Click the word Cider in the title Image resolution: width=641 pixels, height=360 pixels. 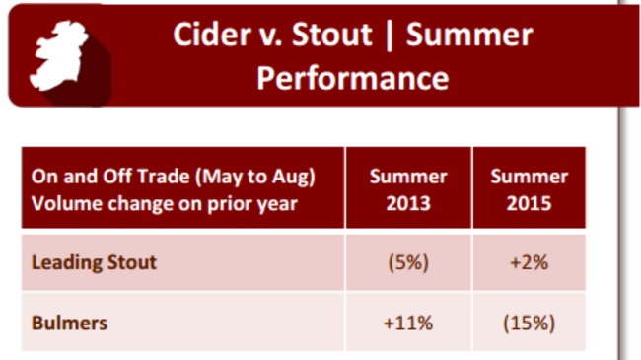(206, 36)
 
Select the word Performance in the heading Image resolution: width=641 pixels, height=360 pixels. (352, 78)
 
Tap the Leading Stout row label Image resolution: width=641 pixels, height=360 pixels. (94, 263)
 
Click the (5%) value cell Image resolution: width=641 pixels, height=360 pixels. (408, 263)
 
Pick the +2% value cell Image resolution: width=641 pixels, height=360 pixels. (530, 263)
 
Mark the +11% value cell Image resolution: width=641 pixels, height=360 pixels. (408, 322)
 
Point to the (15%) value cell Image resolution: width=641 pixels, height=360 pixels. (530, 322)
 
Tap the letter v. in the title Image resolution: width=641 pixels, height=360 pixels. (264, 36)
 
